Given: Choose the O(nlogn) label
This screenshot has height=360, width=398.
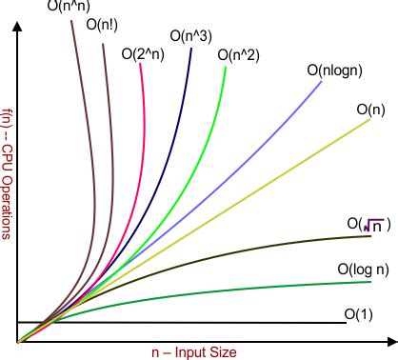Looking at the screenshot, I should point(333,70).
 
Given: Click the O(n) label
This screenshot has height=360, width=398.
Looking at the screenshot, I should point(370,110).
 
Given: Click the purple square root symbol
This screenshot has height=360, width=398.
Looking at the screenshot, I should point(373,225).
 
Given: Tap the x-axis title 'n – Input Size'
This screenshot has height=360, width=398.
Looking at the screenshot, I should point(194,351).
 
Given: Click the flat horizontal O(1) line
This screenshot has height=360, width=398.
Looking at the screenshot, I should point(190,323).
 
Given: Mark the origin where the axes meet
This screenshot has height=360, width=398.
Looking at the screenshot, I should point(17,341).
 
